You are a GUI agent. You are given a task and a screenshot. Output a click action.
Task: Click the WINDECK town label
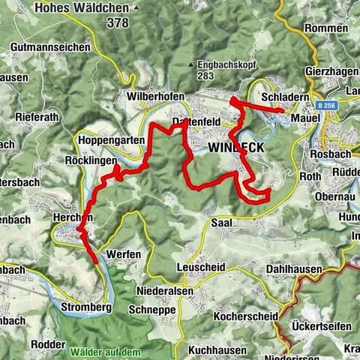[236, 148]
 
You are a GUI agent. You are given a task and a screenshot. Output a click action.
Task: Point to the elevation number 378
[117, 23]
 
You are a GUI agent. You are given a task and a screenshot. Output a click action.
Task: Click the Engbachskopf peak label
[228, 64]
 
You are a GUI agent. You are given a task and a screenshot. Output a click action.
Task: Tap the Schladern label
[281, 98]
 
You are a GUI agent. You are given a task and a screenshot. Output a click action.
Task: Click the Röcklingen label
[91, 161]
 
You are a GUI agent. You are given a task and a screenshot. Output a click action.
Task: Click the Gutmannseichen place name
[51, 46]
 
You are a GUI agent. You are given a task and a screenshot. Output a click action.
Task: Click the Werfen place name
[124, 254]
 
